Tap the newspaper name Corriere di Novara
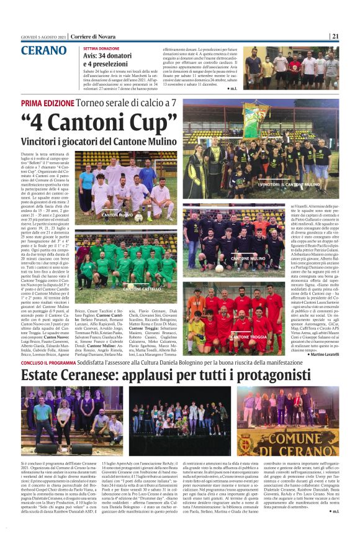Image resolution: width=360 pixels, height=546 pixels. pyautogui.click(x=88, y=36)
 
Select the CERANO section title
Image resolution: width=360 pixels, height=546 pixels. pyautogui.click(x=44, y=51)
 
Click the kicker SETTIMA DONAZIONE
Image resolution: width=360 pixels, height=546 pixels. pyautogui.click(x=102, y=48)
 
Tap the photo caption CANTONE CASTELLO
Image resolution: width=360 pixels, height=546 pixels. pyautogui.click(x=142, y=289)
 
